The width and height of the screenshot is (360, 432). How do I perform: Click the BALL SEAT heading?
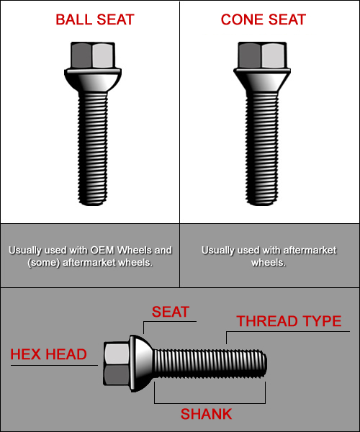tap(95, 19)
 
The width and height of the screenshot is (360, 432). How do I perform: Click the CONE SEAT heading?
tap(264, 19)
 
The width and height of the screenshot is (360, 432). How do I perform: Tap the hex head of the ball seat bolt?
tap(93, 55)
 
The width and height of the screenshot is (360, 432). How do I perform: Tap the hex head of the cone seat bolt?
tap(262, 55)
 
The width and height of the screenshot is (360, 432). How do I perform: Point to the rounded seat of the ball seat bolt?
tap(93, 80)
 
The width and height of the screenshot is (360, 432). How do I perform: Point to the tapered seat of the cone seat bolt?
tap(262, 80)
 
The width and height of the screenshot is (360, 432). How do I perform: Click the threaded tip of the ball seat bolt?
tap(93, 201)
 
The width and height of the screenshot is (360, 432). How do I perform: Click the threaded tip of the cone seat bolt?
tap(261, 201)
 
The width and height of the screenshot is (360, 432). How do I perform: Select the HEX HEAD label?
tap(48, 354)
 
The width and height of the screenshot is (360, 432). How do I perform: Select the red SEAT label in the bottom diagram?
tap(171, 312)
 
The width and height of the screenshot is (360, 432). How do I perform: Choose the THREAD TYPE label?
tap(289, 321)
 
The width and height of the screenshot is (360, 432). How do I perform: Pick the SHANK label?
tap(207, 414)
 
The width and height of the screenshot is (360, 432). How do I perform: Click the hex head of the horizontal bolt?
tap(116, 364)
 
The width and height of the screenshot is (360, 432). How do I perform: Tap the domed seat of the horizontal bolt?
tap(141, 364)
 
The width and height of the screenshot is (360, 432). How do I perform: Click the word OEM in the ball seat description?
tap(102, 250)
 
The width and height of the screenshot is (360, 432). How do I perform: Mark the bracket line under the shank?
tap(210, 403)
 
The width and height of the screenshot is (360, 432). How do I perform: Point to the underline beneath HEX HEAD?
tap(54, 366)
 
